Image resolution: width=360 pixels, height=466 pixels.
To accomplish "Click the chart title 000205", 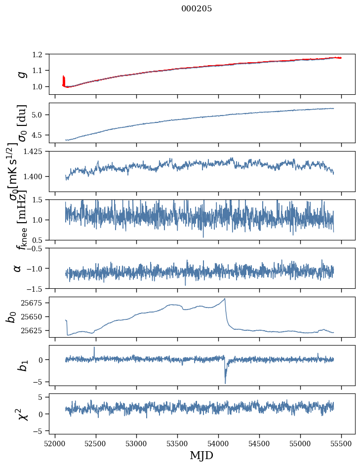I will (197, 8).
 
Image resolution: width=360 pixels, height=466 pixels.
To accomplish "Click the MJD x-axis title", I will (201, 455).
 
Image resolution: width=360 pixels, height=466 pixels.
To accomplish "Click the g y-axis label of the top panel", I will (21, 74).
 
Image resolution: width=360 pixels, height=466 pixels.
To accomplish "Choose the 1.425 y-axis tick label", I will (38, 151).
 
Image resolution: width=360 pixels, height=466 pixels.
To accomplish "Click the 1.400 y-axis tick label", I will (38, 177).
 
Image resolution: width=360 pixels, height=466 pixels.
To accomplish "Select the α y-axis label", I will (18, 268).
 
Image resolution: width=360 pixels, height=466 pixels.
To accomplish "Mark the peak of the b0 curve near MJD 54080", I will (225, 298).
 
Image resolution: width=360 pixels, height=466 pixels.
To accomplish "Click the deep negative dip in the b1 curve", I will (225, 383).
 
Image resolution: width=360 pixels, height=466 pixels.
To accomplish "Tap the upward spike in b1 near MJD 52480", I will (94, 347).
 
